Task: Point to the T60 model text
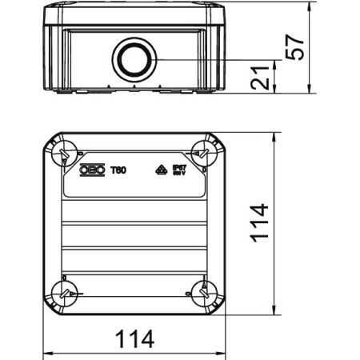click(x=117, y=170)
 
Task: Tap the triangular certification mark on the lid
click(x=159, y=170)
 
